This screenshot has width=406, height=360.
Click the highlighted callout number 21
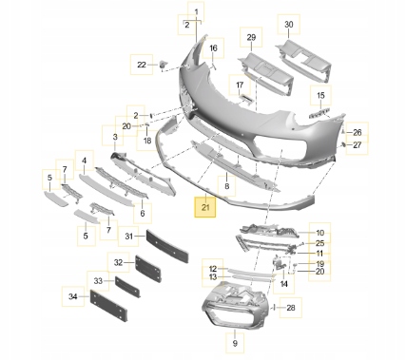pyautogui.click(x=205, y=207)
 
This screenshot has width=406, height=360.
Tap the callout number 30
pyautogui.click(x=289, y=25)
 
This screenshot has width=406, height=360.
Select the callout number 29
pyautogui.click(x=251, y=37)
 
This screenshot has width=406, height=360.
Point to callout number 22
pyautogui.click(x=142, y=65)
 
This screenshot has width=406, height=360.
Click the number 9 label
pyautogui.click(x=235, y=343)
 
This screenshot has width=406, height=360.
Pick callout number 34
pyautogui.click(x=73, y=296)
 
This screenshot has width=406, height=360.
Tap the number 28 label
pyautogui.click(x=291, y=308)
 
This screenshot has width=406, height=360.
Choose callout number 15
pyautogui.click(x=320, y=95)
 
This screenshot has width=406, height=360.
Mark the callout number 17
pyautogui.click(x=240, y=85)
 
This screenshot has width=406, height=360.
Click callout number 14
pyautogui.click(x=283, y=284)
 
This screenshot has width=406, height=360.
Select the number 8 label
pyautogui.click(x=226, y=186)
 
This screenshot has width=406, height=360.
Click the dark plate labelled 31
pyautogui.click(x=167, y=246)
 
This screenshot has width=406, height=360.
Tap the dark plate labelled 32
pyautogui.click(x=148, y=269)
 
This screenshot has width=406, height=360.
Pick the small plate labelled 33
pyautogui.click(x=127, y=288)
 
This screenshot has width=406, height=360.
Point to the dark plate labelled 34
pyautogui.click(x=109, y=305)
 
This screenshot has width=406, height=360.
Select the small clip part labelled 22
pyautogui.click(x=164, y=64)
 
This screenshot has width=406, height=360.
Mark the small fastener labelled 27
pyautogui.click(x=343, y=144)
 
